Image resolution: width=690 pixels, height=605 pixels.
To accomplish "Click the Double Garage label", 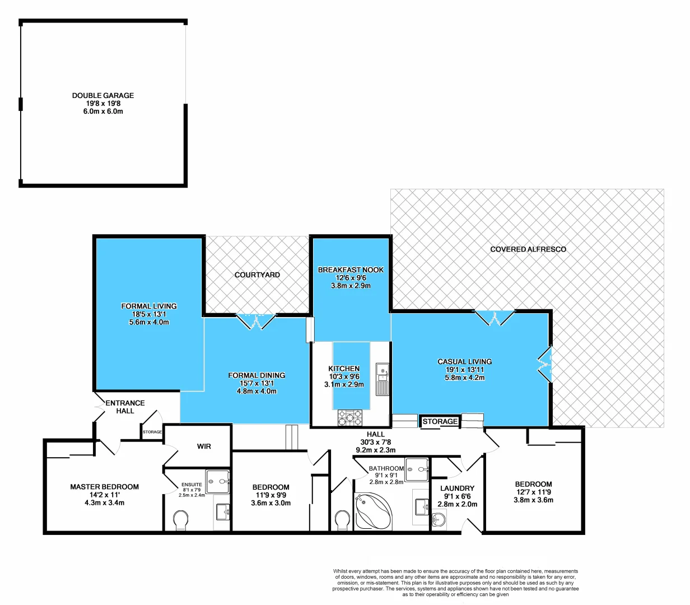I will pyautogui.click(x=103, y=96).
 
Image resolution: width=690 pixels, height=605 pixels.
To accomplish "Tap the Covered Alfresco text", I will pyautogui.click(x=528, y=249).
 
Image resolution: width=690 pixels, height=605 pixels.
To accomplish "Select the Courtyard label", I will pyautogui.click(x=257, y=275).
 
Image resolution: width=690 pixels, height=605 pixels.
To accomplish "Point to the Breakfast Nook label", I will pyautogui.click(x=351, y=270).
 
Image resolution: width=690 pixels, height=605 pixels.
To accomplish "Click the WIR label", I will pyautogui.click(x=204, y=446).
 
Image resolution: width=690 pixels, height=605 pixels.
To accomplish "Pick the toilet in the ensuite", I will pyautogui.click(x=181, y=520).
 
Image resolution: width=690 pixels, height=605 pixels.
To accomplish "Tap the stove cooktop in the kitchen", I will pyautogui.click(x=350, y=417).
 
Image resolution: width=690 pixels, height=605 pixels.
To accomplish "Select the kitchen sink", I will pyautogui.click(x=383, y=371).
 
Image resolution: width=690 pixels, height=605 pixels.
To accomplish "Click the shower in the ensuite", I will pyautogui.click(x=218, y=481).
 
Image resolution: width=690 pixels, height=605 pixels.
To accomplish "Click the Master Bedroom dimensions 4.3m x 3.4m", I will pyautogui.click(x=104, y=502).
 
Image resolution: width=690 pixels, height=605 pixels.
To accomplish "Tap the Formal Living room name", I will pyautogui.click(x=149, y=306).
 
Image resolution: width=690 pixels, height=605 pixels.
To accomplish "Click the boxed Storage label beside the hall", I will pyautogui.click(x=440, y=422).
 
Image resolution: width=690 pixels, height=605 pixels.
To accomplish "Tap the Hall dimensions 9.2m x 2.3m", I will pyautogui.click(x=375, y=450).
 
